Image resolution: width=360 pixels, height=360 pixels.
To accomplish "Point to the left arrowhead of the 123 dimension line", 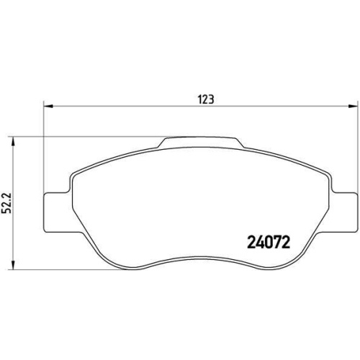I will (48, 107).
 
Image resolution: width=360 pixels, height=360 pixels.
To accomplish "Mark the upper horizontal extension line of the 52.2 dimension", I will (86, 136).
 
